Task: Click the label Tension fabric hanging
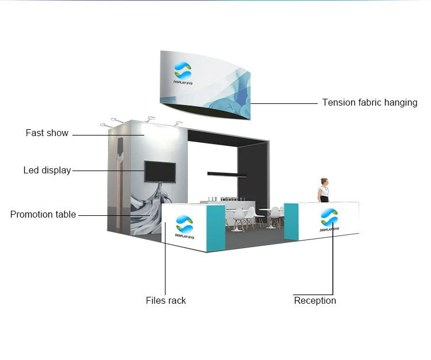tap(370, 103)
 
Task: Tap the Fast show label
tap(47, 133)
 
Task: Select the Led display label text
tap(47, 171)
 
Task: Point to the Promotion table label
tap(43, 215)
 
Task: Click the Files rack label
tap(166, 301)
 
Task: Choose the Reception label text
tap(315, 301)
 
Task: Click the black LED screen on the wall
tap(160, 172)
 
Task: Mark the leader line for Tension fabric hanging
tap(284, 103)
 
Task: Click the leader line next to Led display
tap(108, 171)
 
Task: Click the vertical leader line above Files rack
tap(166, 258)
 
